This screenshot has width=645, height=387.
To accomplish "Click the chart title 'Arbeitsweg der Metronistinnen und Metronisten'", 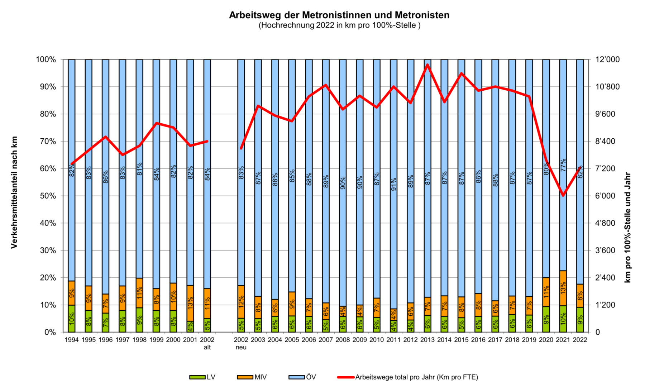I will [339, 15].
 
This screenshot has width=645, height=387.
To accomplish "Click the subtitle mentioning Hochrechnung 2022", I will [339, 25].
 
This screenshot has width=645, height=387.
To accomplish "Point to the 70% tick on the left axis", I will [46, 141].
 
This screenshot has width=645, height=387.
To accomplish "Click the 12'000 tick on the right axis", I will [607, 59].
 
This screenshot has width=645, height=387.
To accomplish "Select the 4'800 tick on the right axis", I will [605, 223].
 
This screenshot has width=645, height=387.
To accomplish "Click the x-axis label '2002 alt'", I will [207, 343].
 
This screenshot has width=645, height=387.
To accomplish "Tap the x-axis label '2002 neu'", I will [241, 343].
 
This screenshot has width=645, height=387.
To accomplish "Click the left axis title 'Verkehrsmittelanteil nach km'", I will [14, 192].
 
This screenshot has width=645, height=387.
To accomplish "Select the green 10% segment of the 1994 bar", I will [72, 319].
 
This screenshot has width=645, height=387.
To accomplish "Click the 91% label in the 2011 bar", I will [393, 184].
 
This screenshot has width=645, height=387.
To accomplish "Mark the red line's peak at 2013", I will [427, 65].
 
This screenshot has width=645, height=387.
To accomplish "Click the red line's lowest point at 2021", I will [563, 195].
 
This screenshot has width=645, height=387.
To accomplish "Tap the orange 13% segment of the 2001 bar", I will [190, 303].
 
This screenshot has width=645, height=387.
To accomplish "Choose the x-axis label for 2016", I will [478, 340].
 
